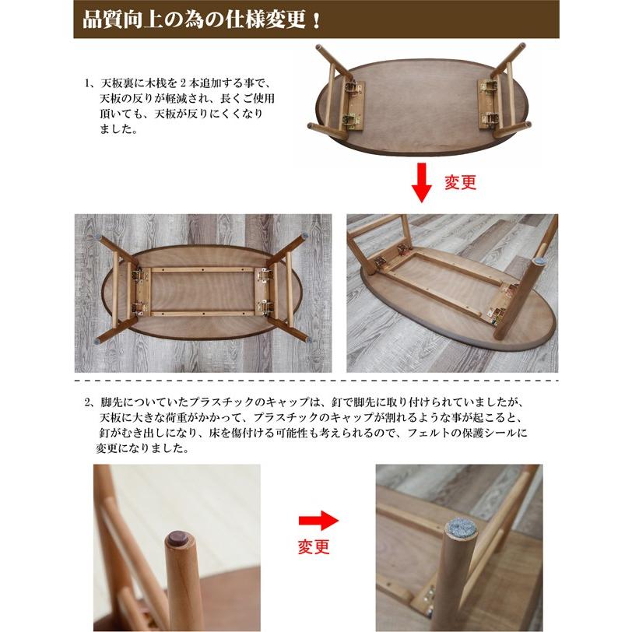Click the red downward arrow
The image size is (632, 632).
[x=421, y=182]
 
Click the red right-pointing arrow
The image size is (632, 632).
[x=319, y=520]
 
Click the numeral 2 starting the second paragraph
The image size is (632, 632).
[x=89, y=403]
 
